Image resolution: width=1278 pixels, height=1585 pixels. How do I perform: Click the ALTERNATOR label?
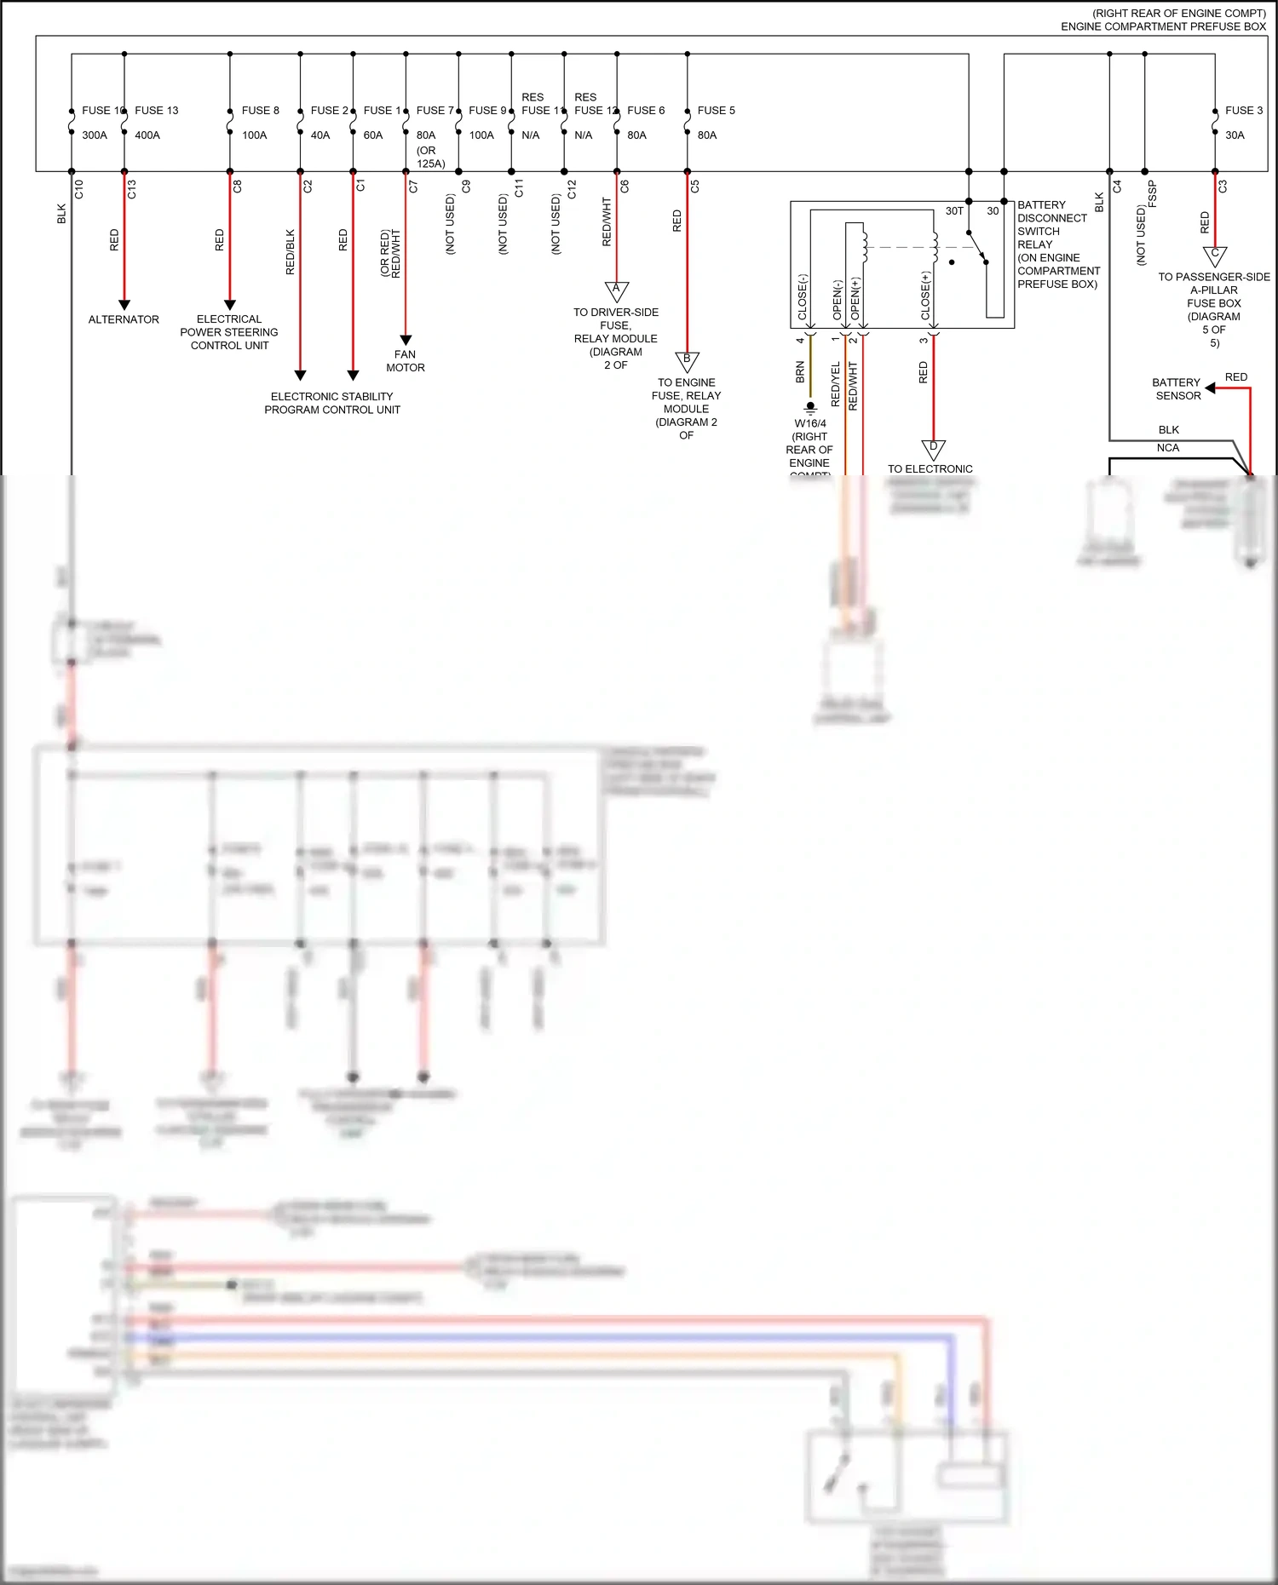click(124, 319)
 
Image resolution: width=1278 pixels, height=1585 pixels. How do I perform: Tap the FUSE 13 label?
click(157, 111)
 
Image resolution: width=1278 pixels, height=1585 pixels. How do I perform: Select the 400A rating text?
click(147, 135)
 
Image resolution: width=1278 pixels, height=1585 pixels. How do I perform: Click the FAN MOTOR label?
click(406, 361)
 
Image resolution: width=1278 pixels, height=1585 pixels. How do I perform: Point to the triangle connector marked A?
click(617, 290)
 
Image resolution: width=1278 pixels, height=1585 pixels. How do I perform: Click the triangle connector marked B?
click(687, 361)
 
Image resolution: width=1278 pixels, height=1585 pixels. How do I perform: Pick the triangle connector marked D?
click(934, 449)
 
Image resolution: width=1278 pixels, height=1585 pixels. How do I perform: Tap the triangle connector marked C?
click(1215, 255)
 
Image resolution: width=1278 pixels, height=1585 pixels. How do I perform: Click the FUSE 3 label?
click(1244, 111)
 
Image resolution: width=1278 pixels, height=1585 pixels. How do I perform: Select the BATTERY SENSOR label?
click(1177, 389)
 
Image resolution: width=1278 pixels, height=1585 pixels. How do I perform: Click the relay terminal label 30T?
click(954, 211)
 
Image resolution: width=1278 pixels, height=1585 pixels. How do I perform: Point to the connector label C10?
click(79, 189)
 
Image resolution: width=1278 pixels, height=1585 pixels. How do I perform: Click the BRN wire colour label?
click(800, 372)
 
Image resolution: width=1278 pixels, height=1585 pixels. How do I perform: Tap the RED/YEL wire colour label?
click(836, 384)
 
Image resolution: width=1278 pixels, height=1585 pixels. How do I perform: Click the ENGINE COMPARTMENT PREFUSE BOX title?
click(1163, 26)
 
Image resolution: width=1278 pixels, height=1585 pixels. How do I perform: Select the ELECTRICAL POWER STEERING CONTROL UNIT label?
click(229, 332)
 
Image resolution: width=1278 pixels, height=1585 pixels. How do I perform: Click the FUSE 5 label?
click(716, 111)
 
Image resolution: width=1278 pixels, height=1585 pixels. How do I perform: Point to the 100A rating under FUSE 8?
click(255, 135)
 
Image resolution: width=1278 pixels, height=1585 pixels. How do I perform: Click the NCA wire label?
click(1168, 448)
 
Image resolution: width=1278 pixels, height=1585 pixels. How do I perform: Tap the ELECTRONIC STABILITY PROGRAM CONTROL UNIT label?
click(332, 403)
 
